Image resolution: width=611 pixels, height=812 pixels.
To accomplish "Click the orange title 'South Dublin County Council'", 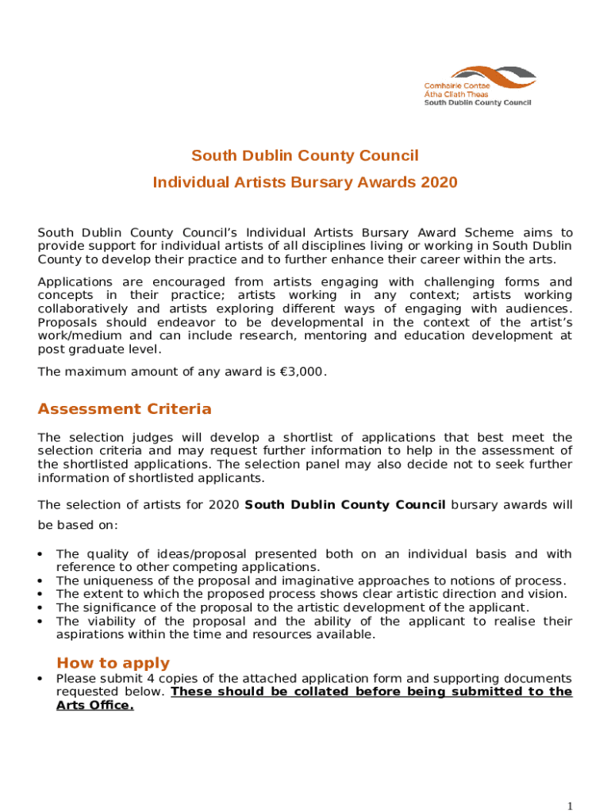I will tap(305, 155).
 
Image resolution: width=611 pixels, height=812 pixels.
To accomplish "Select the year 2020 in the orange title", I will tap(440, 182).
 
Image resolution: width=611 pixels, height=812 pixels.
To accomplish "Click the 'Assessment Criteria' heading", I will tap(125, 409).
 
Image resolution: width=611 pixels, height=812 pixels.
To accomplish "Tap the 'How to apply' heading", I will tap(113, 663).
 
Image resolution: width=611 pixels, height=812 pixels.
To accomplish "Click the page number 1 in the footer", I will tap(570, 806).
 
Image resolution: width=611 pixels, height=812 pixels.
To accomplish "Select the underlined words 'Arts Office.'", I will tap(94, 705).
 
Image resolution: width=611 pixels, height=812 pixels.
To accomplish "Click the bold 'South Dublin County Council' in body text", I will tap(345, 504).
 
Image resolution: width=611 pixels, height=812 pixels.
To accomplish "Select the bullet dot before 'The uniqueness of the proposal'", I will tap(40, 581).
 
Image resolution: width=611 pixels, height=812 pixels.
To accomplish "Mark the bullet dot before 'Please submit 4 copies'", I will tap(40, 680).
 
